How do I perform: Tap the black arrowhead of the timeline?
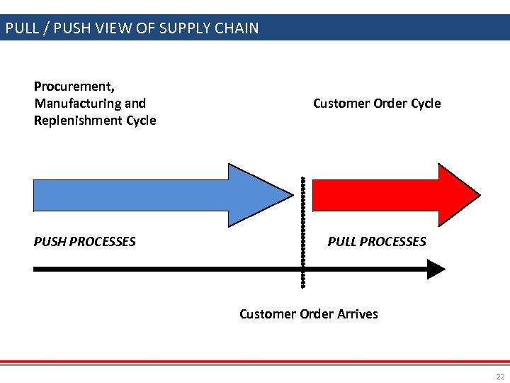[x=435, y=269]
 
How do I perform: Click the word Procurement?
[x=74, y=87]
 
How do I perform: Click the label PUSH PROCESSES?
[x=84, y=242]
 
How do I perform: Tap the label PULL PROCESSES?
[x=377, y=242]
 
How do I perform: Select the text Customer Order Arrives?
[x=309, y=313]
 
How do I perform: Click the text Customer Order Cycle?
[x=377, y=104]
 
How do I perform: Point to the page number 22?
[x=501, y=376]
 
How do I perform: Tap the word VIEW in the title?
[x=125, y=29]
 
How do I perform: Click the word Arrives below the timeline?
[x=356, y=313]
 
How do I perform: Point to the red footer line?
[x=255, y=362]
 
